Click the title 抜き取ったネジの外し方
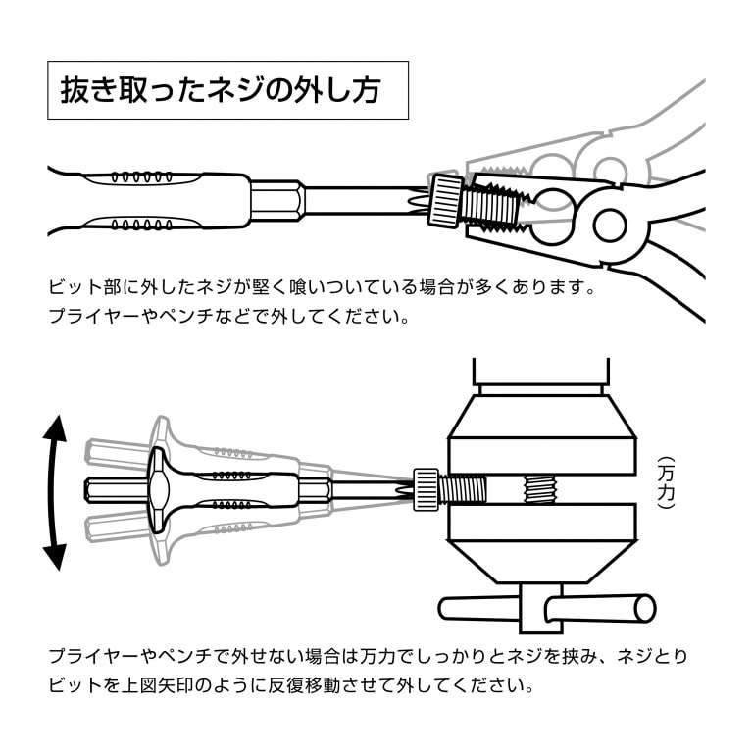click(x=227, y=91)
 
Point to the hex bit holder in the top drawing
click(x=277, y=203)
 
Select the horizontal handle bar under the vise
click(x=546, y=607)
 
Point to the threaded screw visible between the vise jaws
click(x=539, y=486)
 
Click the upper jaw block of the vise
click(x=541, y=453)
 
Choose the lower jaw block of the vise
click(x=541, y=523)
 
